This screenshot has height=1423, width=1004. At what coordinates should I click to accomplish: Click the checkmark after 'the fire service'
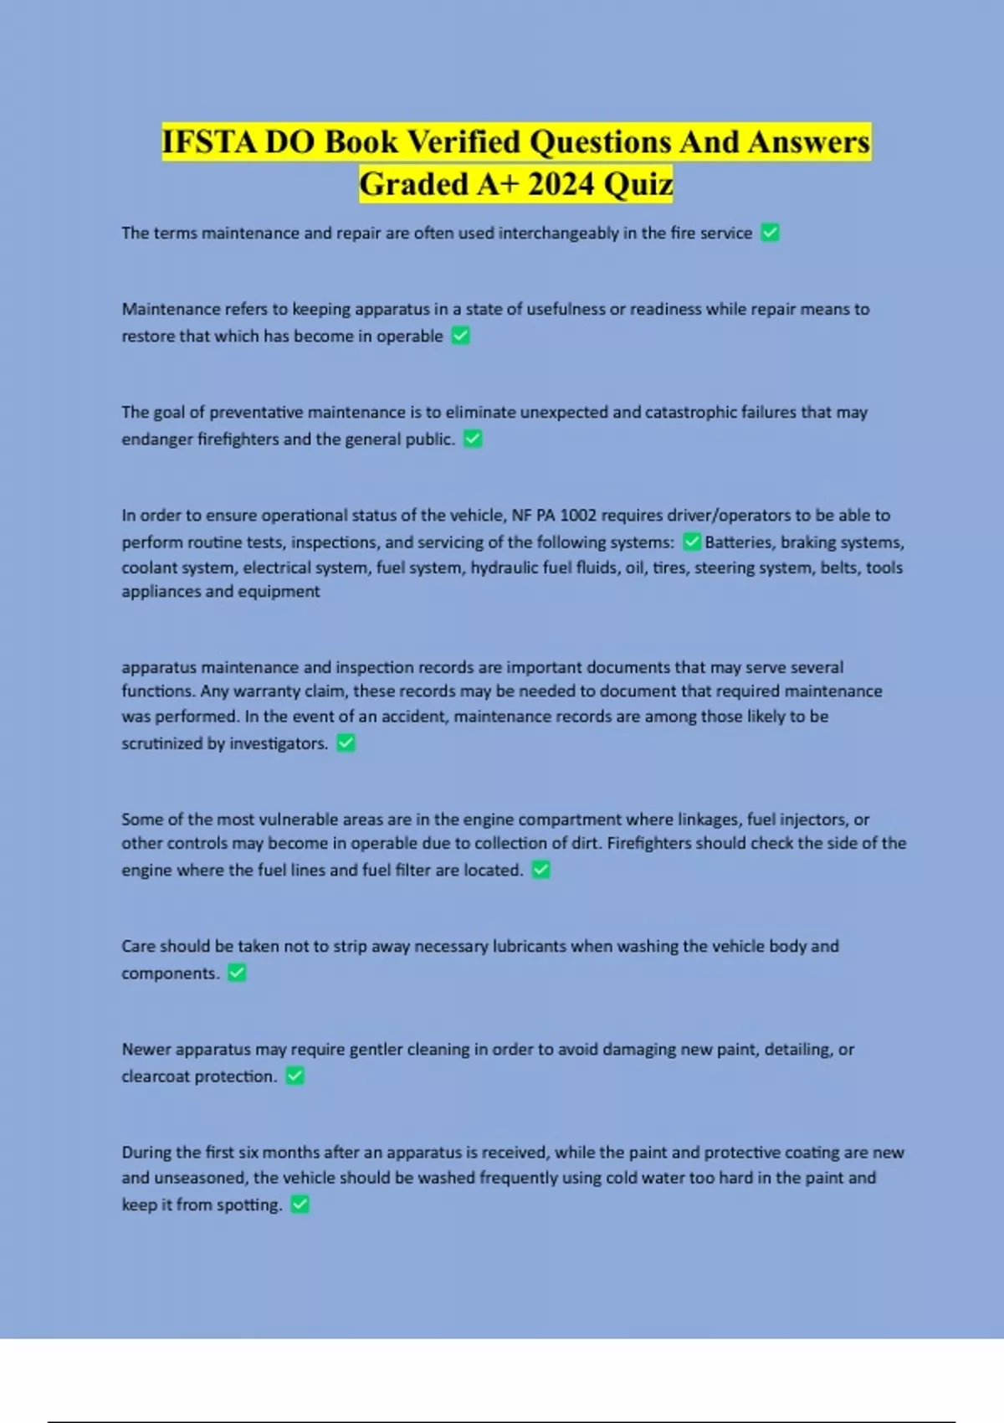click(771, 233)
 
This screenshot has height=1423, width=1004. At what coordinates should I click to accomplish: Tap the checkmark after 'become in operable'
click(461, 336)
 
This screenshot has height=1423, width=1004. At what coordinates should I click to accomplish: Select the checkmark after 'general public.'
click(473, 439)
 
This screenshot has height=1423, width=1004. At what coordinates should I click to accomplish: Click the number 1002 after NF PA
click(578, 515)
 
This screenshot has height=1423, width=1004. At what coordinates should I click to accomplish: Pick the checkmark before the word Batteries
click(692, 542)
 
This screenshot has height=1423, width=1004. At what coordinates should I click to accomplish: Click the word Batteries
click(739, 542)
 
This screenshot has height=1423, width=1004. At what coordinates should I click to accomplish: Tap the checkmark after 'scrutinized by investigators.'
click(346, 742)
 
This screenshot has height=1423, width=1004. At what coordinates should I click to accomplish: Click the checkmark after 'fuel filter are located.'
click(541, 870)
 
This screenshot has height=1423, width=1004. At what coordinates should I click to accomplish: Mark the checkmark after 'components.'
click(237, 973)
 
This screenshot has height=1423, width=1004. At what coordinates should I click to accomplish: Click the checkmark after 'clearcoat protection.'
click(295, 1076)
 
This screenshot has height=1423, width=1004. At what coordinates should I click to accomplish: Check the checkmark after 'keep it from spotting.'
click(300, 1205)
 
